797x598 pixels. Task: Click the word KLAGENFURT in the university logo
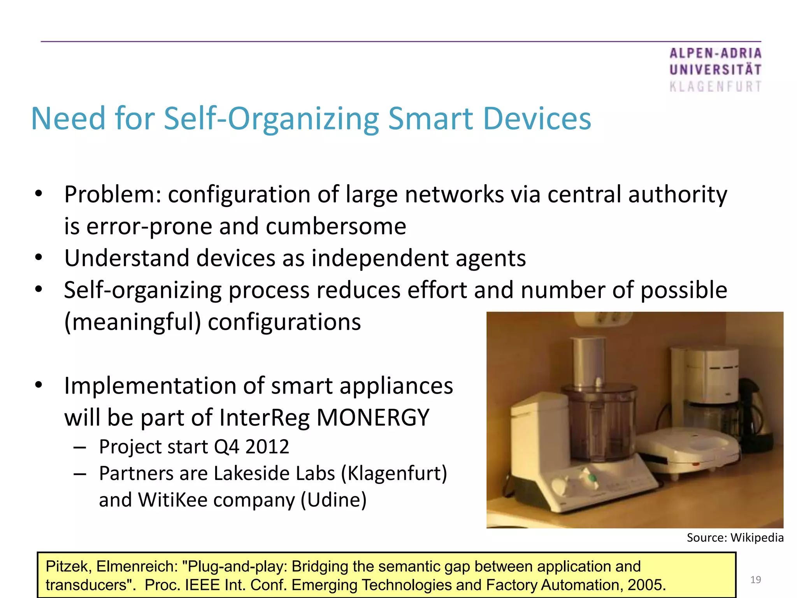pyautogui.click(x=715, y=86)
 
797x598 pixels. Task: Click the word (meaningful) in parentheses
pyautogui.click(x=132, y=322)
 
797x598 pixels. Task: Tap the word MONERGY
pyautogui.click(x=373, y=417)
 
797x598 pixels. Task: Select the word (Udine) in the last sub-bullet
pyautogui.click(x=334, y=500)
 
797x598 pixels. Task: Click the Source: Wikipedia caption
pyautogui.click(x=735, y=538)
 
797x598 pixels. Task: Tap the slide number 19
pyautogui.click(x=755, y=580)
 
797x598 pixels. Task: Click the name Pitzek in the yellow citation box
pyautogui.click(x=68, y=566)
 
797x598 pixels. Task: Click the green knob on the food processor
pyautogui.click(x=592, y=477)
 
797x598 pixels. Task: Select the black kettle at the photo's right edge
pyautogui.click(x=759, y=413)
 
